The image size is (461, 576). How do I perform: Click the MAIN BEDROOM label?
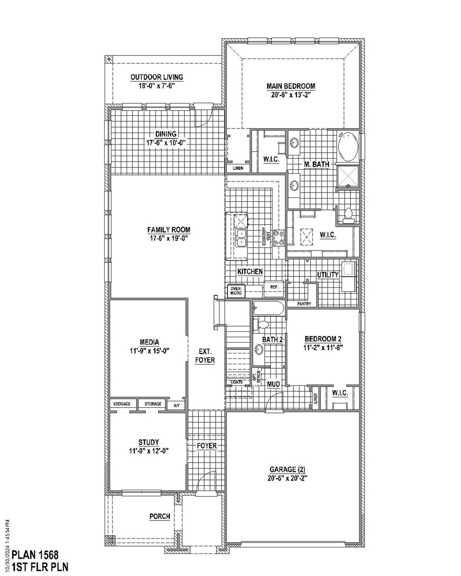point(291,86)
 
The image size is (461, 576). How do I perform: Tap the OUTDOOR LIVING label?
point(156,77)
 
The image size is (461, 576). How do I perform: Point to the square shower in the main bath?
point(348,176)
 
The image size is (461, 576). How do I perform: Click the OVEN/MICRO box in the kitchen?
point(236,291)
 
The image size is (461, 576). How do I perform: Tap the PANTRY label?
point(304,304)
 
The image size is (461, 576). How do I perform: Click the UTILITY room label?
point(327,275)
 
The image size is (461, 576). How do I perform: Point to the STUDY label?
point(148,442)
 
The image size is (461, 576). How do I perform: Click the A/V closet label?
point(176,405)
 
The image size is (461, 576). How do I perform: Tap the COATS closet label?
point(236,382)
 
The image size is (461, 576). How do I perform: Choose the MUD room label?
point(273,384)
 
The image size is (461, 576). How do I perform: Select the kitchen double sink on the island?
point(240,238)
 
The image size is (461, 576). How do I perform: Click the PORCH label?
point(160,517)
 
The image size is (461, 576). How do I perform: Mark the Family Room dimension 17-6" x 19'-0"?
point(169,238)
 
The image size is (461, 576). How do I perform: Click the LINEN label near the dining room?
point(238,168)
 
